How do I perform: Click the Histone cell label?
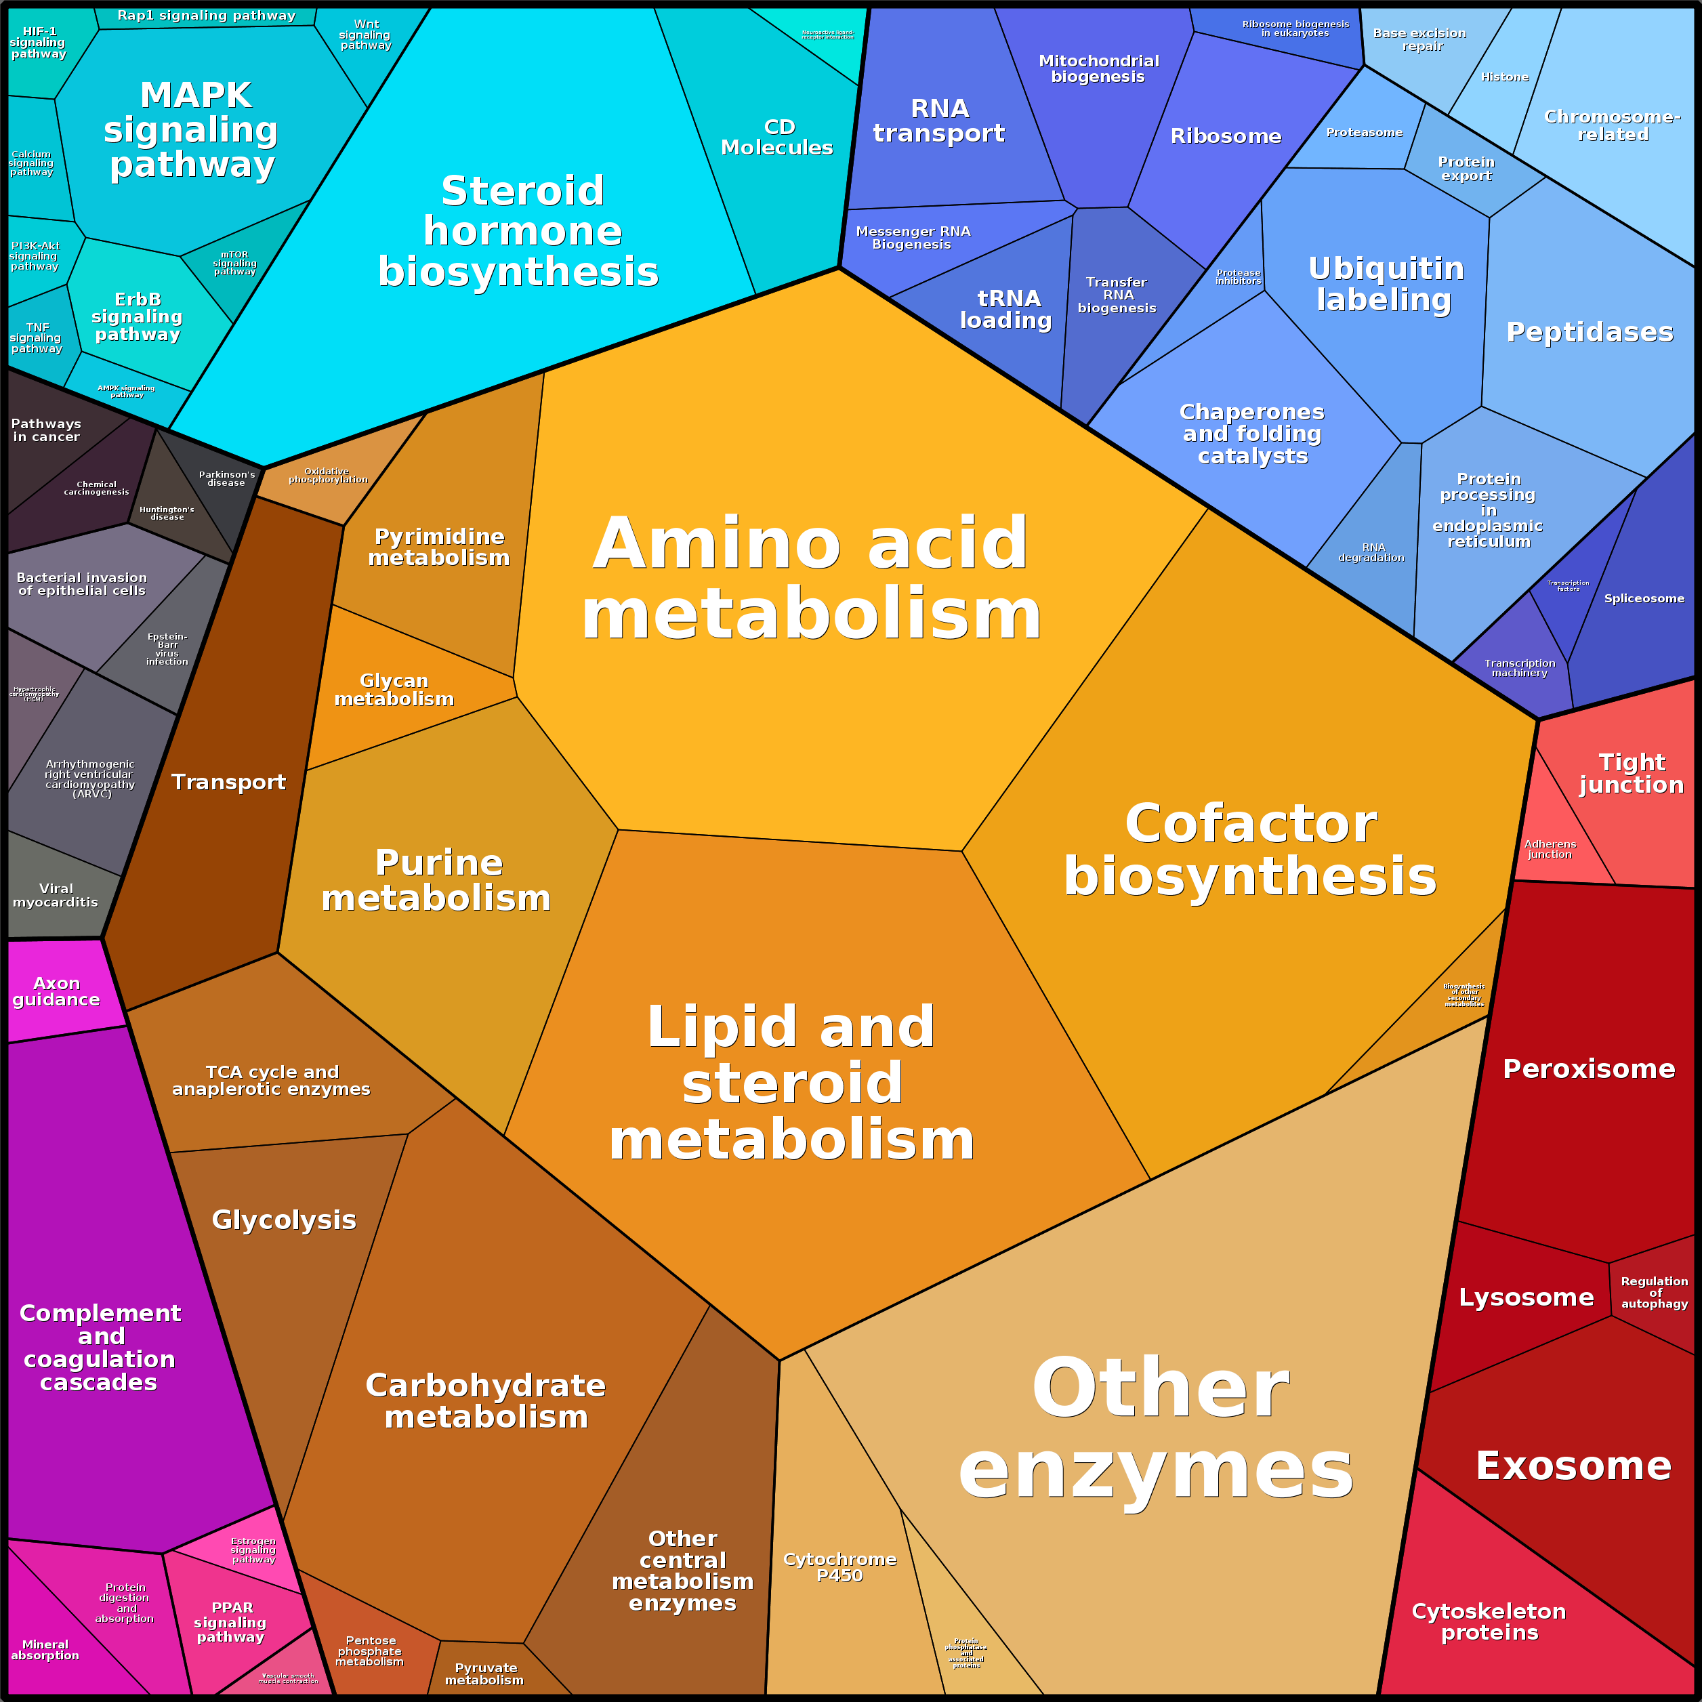[1505, 77]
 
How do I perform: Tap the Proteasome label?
[1365, 133]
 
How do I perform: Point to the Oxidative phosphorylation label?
[328, 476]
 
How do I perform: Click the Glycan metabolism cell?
[394, 690]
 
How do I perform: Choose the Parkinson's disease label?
[226, 478]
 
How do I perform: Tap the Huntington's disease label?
[167, 513]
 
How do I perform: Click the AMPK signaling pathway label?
[126, 391]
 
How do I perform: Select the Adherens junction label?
[1550, 849]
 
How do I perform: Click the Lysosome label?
[1526, 1298]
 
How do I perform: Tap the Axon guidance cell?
[56, 991]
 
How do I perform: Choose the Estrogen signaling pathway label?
[253, 1550]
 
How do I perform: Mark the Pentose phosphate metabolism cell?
[370, 1651]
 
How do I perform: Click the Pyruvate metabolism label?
[484, 1674]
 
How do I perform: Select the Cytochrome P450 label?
[839, 1566]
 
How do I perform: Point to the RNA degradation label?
[1371, 552]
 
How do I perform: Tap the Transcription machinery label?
[1520, 668]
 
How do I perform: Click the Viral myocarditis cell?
[56, 895]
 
